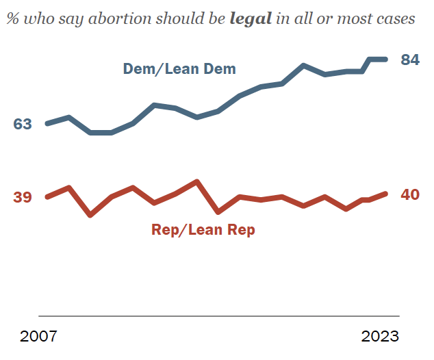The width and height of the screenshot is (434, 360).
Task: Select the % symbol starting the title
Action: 13,18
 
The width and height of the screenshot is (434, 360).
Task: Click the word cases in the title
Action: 394,18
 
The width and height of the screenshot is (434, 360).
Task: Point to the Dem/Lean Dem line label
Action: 179,68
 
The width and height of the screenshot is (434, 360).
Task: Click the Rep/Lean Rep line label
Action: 203,230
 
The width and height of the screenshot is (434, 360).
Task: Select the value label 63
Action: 23,124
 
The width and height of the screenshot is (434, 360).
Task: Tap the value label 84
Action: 409,60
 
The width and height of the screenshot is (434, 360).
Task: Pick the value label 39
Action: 23,197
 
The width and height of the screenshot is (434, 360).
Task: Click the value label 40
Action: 409,194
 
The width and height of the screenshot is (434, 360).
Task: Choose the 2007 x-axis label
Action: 39,337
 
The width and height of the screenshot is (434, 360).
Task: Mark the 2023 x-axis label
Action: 380,337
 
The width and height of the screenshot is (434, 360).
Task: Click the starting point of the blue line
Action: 47,124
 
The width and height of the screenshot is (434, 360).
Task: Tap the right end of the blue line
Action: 386,60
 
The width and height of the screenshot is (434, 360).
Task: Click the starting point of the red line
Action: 47,197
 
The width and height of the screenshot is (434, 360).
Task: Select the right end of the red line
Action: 386,194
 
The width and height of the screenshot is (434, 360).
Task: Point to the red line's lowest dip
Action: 90,215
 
